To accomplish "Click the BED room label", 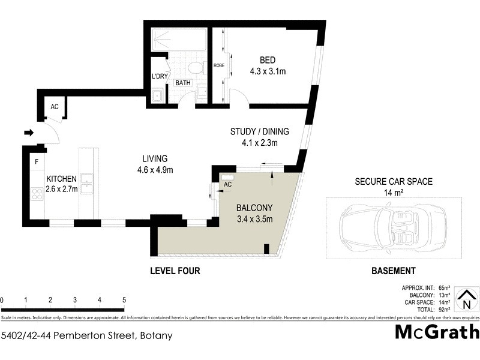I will [x=268, y=60].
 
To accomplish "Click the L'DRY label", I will [x=159, y=76].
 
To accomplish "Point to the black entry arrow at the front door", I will [x=29, y=132].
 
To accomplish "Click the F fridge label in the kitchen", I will [x=37, y=162].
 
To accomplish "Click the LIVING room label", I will [x=154, y=158].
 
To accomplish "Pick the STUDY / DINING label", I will [x=260, y=132].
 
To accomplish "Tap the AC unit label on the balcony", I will [x=227, y=185].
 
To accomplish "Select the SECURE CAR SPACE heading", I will [x=394, y=181].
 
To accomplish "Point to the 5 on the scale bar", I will [x=124, y=300].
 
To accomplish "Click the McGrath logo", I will [x=437, y=332].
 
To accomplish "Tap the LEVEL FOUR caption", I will [x=175, y=271].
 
